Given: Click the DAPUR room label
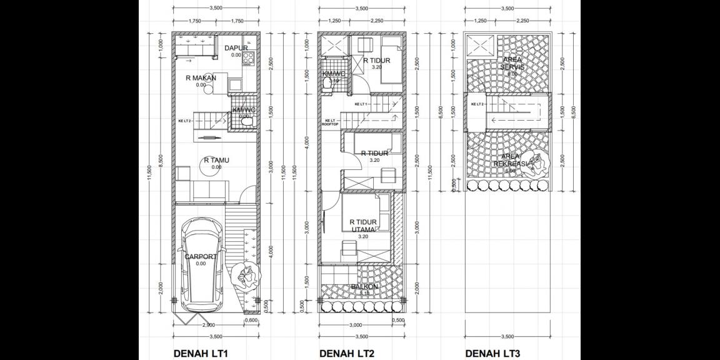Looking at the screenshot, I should point(236,48).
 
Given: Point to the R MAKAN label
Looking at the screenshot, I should point(201,78).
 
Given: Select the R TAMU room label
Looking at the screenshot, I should point(216,160).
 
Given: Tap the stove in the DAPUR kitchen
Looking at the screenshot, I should point(248,59).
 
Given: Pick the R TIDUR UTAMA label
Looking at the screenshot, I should point(364,226).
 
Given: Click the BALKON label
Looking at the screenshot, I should point(363,287).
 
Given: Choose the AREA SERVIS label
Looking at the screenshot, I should point(512,64).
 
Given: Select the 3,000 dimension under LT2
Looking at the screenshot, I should point(354,326).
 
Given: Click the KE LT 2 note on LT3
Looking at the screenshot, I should point(477,104).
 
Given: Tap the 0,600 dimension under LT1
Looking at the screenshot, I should point(251,321).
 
